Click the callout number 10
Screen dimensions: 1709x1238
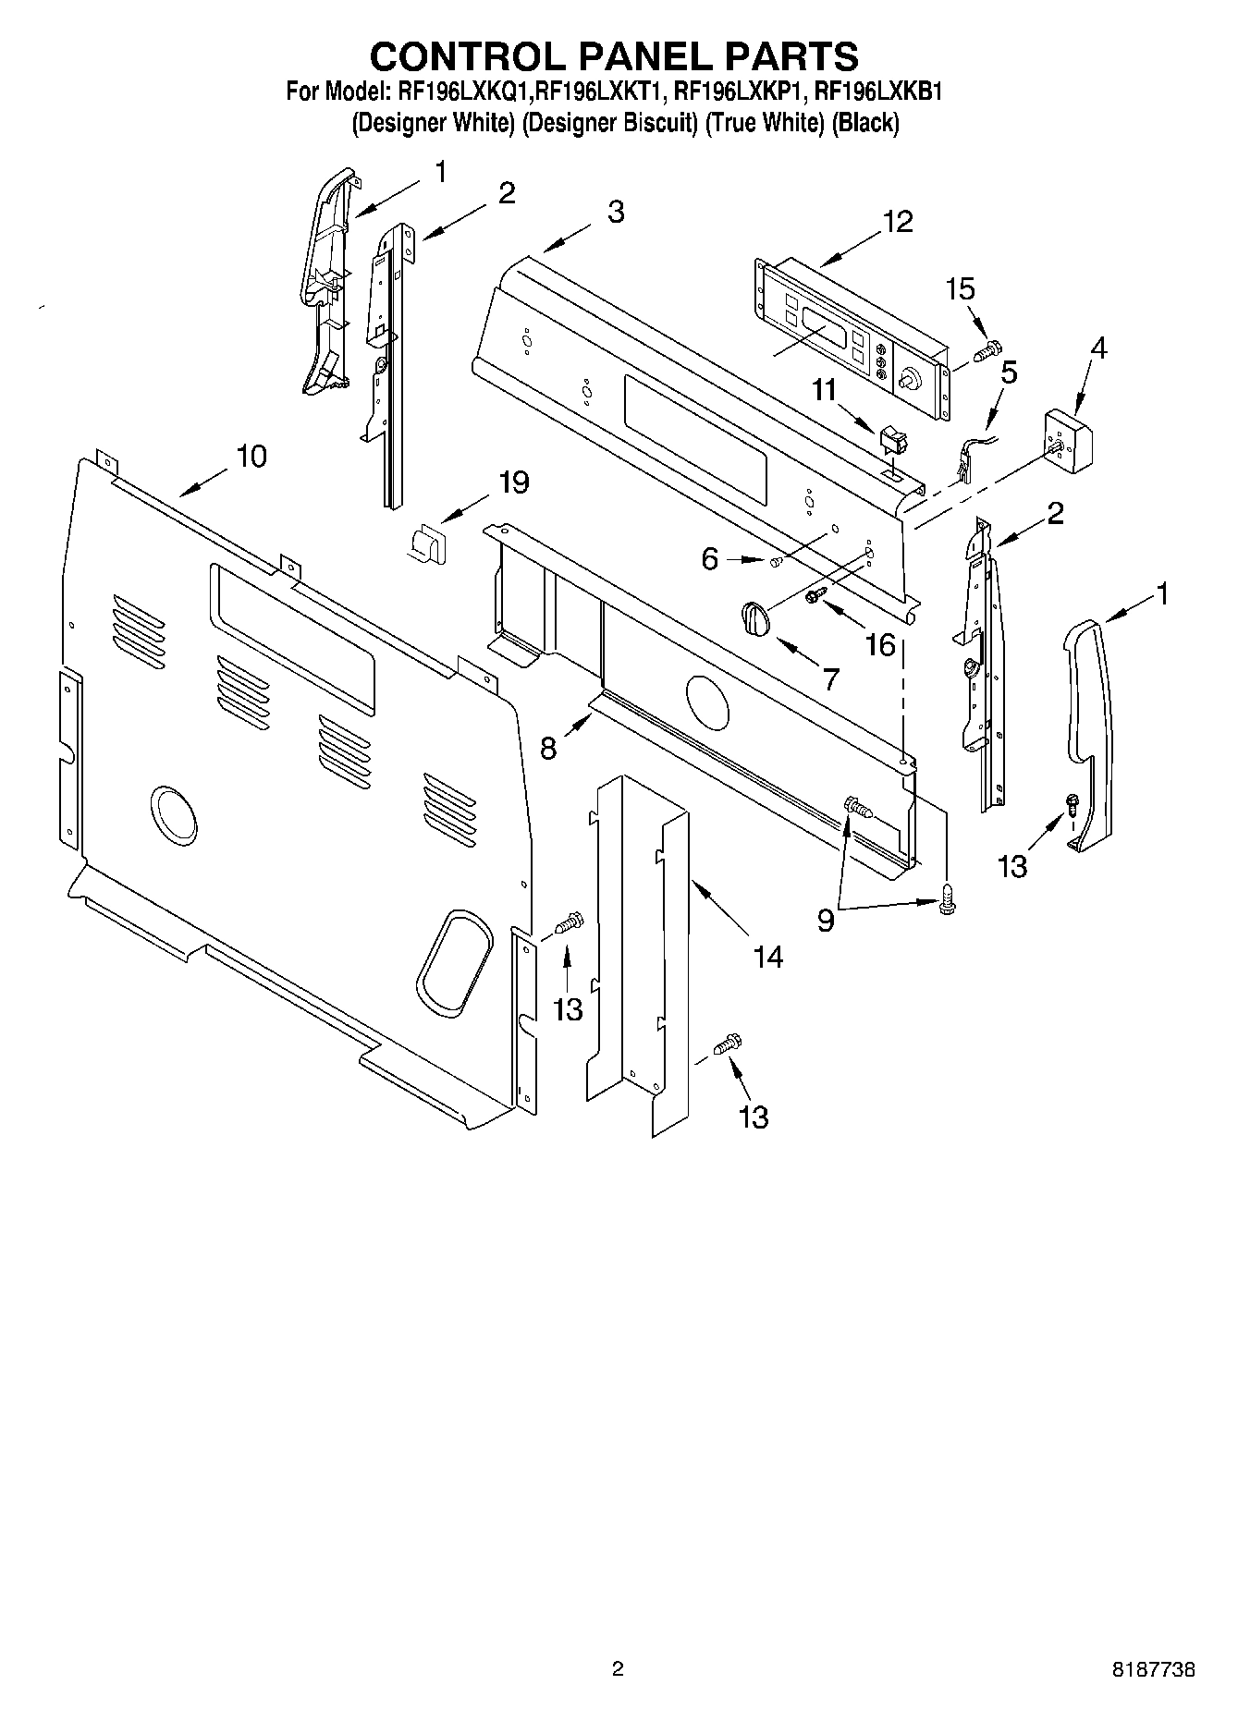[251, 457]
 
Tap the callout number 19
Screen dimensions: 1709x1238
[514, 482]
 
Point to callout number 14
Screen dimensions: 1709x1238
[767, 957]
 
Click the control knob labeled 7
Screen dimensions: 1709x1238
[754, 616]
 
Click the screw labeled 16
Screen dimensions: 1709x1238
[816, 596]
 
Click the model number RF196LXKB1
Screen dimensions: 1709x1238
[878, 92]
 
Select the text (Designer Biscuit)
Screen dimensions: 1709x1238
[609, 123]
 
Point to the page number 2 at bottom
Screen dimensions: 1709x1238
[618, 1668]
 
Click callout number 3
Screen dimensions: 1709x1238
[616, 212]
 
